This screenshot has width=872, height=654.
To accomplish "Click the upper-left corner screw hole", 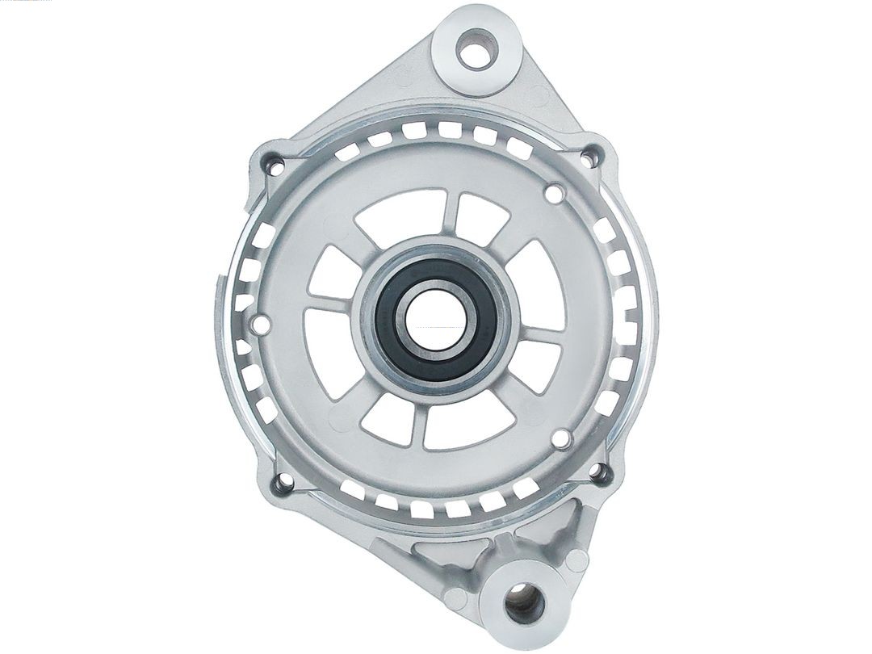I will [275, 167].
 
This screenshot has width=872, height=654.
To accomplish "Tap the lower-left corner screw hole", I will [284, 484].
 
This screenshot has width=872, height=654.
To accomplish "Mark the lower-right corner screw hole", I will [601, 474].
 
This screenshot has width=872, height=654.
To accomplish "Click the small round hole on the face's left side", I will [261, 324].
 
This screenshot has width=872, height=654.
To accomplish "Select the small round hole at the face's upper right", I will [554, 194].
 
